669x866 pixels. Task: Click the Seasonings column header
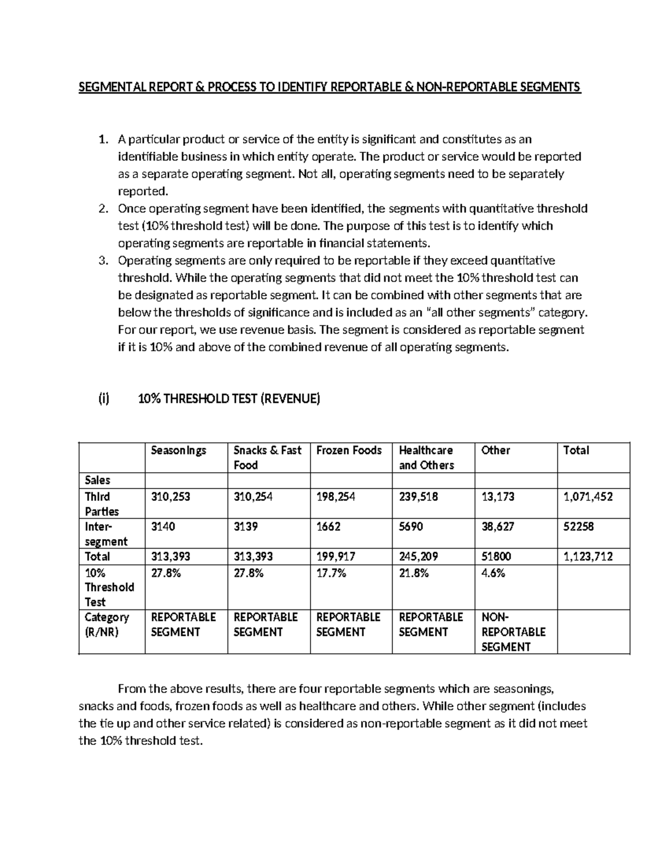point(178,450)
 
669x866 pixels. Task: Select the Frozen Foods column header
point(348,450)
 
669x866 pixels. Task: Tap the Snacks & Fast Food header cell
point(267,457)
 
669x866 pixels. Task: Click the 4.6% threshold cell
point(493,573)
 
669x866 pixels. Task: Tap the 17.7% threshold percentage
point(331,573)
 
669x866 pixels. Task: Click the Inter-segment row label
point(106,534)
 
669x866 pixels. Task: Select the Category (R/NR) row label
point(106,625)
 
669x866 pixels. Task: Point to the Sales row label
point(97,480)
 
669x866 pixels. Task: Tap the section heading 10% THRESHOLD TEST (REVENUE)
point(229,399)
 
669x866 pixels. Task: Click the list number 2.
point(102,209)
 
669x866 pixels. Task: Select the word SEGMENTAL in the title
point(109,87)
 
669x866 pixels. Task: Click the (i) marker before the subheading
point(104,399)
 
